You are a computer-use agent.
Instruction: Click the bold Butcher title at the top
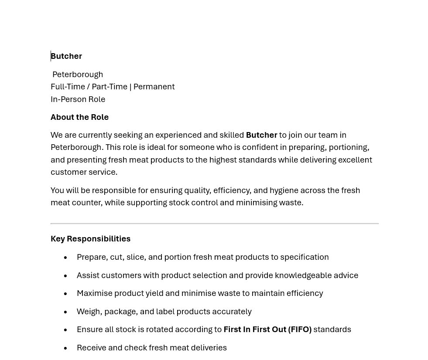point(66,56)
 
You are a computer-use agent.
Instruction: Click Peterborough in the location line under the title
point(78,75)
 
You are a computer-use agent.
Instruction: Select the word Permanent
point(154,87)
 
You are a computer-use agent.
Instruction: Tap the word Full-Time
point(68,87)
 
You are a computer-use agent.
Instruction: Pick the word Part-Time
point(110,87)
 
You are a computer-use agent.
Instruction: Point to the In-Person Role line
point(78,99)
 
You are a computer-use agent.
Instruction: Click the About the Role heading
point(79,117)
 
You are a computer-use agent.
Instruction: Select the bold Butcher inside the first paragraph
point(261,135)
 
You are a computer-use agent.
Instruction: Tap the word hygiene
point(284,190)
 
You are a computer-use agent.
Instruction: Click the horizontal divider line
point(214,224)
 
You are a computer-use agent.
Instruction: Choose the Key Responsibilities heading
point(90,239)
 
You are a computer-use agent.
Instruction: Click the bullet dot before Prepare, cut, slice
point(65,258)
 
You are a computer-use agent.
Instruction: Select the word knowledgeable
point(303,275)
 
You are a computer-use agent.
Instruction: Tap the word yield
point(154,293)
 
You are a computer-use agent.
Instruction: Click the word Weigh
point(88,312)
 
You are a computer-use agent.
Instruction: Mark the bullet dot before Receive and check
point(65,349)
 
